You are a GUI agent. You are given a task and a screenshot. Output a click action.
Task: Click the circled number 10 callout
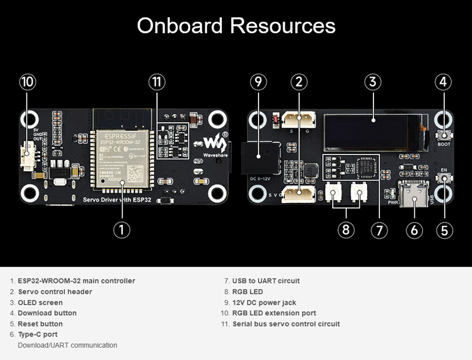(x=27, y=83)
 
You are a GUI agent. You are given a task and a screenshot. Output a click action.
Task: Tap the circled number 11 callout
(x=156, y=83)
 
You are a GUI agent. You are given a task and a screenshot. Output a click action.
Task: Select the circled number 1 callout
(x=122, y=230)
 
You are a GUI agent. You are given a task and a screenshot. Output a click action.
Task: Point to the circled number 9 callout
(x=258, y=83)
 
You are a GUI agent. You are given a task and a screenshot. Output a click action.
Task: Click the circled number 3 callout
(x=372, y=83)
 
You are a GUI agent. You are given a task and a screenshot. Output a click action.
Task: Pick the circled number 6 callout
(x=414, y=230)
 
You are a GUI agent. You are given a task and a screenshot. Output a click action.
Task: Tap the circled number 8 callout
(x=346, y=230)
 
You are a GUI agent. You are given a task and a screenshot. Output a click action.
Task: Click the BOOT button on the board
(x=444, y=136)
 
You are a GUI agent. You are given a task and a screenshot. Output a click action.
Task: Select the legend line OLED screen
(x=40, y=302)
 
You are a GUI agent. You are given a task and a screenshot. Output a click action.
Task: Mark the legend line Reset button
(x=40, y=323)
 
